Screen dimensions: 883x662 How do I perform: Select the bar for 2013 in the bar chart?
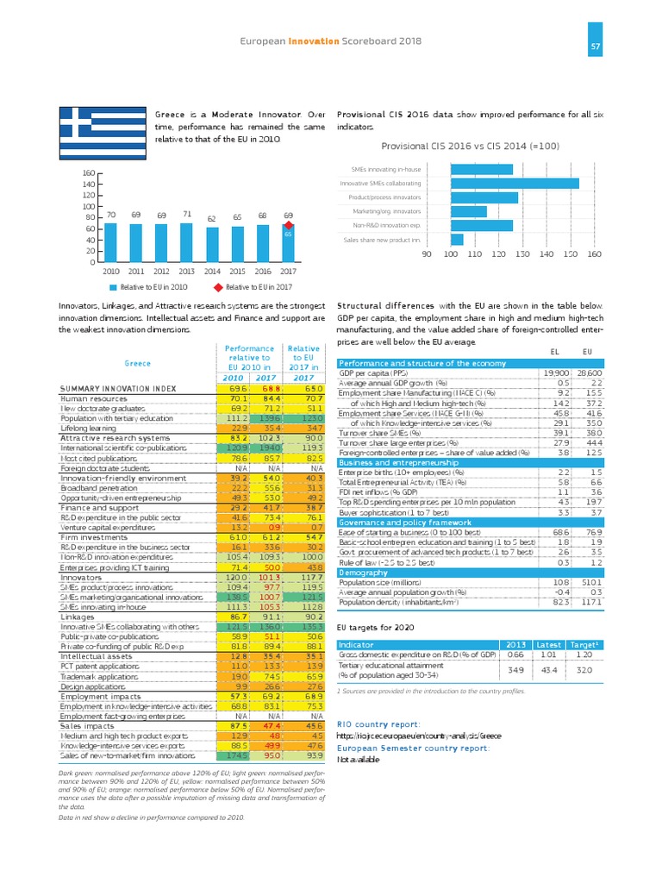pyautogui.click(x=187, y=243)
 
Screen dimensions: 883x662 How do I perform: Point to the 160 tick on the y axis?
pyautogui.click(x=89, y=173)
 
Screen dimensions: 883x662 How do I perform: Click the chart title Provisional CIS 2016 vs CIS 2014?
pyautogui.click(x=466, y=147)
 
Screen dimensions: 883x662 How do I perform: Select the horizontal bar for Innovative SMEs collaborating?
pyautogui.click(x=503, y=183)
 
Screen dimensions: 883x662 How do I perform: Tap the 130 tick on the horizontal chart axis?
pyautogui.click(x=522, y=255)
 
